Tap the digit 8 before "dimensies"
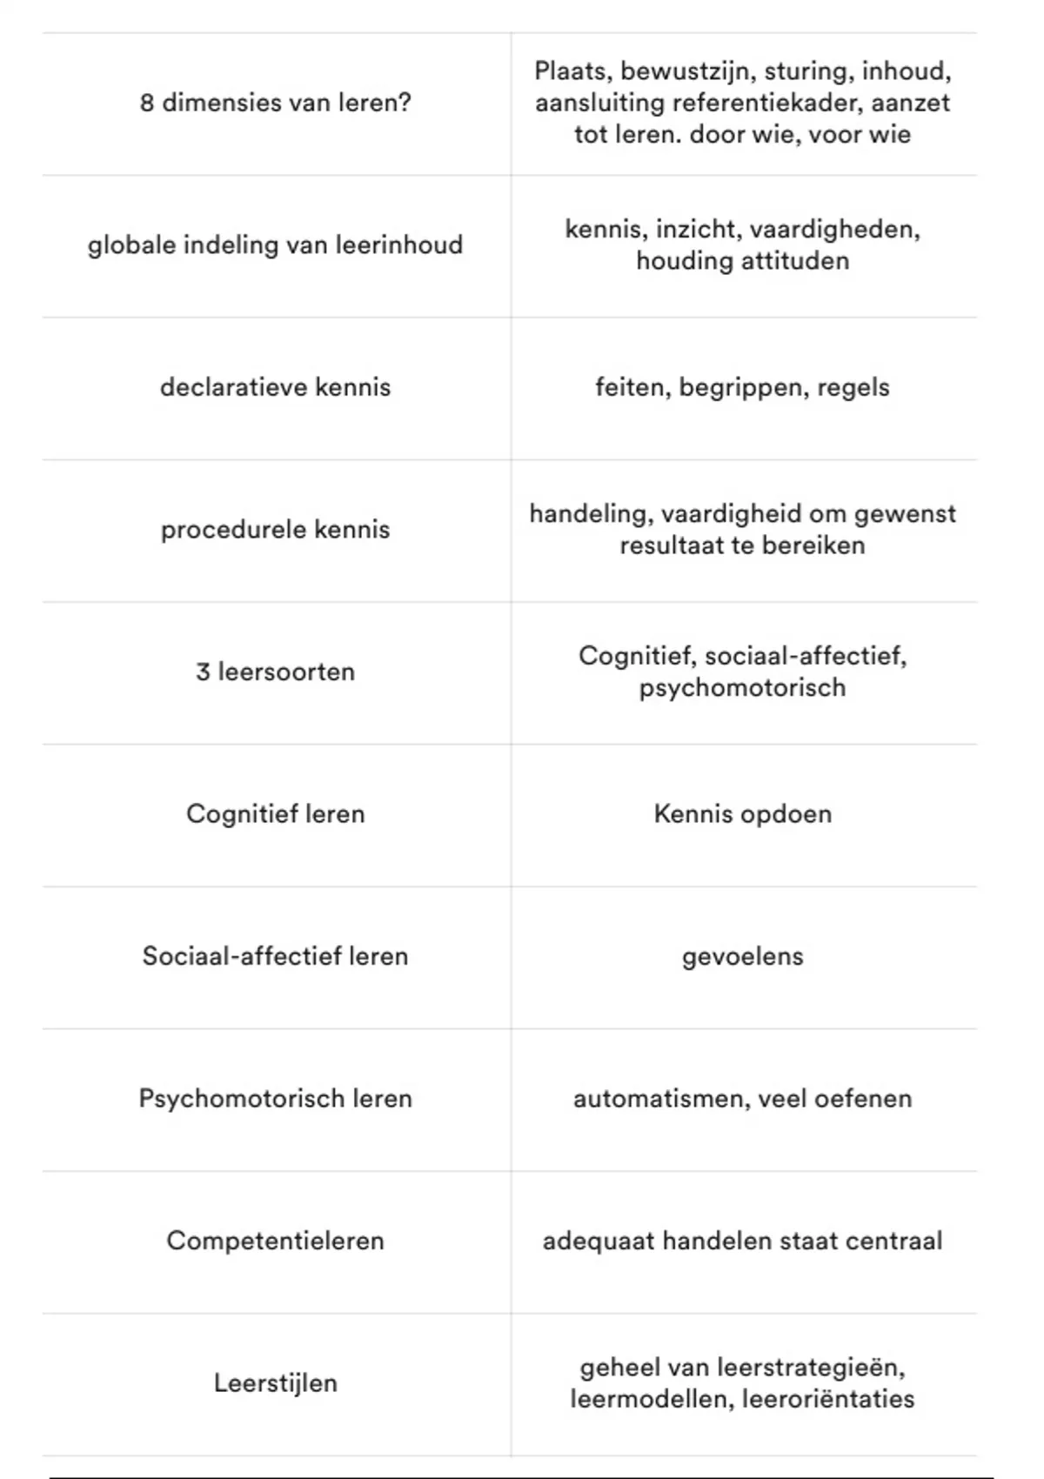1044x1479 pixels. click(147, 103)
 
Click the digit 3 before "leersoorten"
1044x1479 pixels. click(203, 672)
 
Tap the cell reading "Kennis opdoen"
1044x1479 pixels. click(742, 814)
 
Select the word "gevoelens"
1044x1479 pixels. click(742, 957)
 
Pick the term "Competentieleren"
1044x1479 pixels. click(275, 1241)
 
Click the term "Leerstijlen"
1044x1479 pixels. click(275, 1383)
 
